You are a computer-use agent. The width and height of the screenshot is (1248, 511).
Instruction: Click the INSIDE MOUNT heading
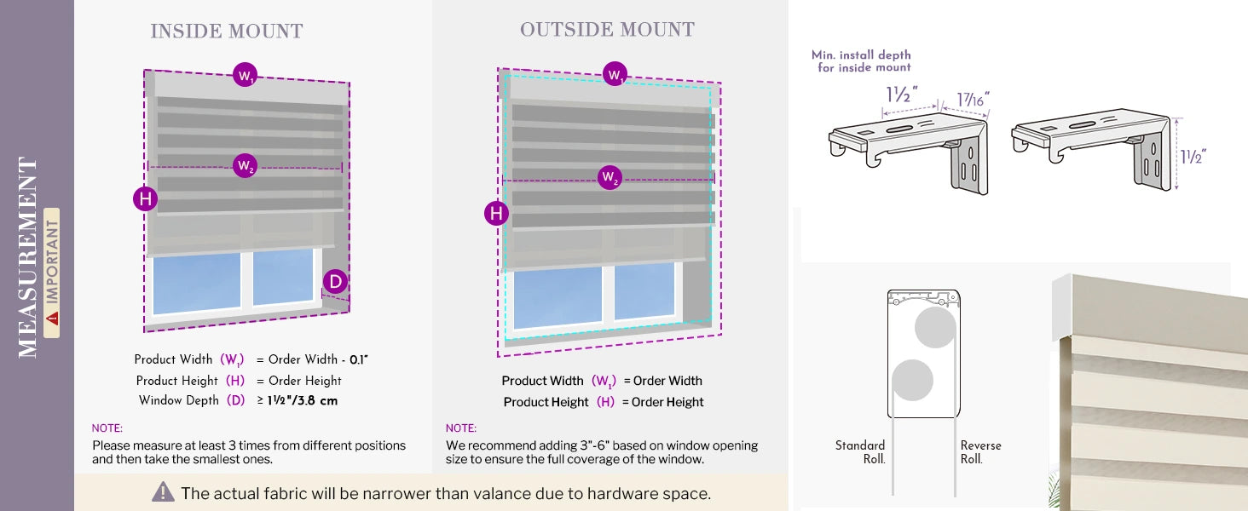click(227, 32)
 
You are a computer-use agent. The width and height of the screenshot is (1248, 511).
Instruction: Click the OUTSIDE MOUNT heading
click(607, 30)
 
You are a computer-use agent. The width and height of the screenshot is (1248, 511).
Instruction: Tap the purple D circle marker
click(335, 282)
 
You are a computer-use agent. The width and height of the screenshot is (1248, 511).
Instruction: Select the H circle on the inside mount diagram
click(146, 199)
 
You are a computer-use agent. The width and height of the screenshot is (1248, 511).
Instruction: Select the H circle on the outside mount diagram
click(496, 213)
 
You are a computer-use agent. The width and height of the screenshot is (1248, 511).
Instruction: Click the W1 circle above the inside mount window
click(245, 76)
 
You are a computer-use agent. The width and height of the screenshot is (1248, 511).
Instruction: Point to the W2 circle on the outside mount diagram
click(610, 178)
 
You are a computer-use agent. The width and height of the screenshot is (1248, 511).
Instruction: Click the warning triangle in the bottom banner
click(163, 492)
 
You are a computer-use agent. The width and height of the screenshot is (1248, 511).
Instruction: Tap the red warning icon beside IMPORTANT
click(53, 319)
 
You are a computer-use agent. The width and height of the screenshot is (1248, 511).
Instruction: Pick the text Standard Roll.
click(861, 452)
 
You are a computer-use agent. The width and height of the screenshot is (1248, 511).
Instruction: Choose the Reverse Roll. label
click(980, 452)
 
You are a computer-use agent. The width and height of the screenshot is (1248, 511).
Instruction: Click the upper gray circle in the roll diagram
click(935, 327)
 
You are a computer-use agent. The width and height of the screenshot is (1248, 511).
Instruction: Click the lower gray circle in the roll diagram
click(911, 380)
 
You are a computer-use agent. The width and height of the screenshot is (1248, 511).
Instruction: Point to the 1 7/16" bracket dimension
click(973, 100)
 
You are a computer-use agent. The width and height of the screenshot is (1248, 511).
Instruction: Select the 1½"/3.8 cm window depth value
click(303, 400)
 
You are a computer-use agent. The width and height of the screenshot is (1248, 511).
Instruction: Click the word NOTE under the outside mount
click(461, 428)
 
